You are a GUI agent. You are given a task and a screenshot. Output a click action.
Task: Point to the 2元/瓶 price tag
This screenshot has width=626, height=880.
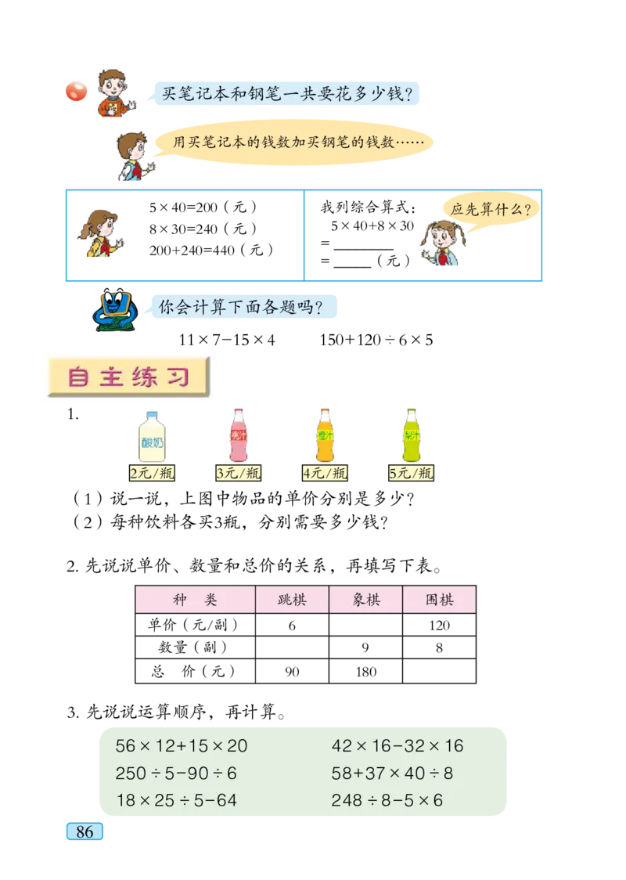(151, 473)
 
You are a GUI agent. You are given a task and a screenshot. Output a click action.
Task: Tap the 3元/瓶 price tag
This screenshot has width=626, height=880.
(238, 473)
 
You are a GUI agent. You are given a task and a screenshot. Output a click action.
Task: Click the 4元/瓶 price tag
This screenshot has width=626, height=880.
(325, 473)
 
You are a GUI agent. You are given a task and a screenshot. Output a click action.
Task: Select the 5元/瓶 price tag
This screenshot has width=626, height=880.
(412, 473)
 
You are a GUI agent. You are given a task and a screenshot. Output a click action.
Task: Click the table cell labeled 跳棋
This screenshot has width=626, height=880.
(292, 600)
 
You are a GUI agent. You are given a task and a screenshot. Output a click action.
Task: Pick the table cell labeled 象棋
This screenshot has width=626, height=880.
(365, 600)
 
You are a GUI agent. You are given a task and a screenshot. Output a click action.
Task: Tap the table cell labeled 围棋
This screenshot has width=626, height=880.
(439, 600)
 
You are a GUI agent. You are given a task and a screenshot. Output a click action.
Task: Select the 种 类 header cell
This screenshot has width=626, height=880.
(195, 600)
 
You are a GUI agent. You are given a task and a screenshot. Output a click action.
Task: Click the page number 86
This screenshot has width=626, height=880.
(85, 831)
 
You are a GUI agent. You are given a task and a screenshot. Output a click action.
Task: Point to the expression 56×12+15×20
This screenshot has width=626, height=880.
(181, 746)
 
